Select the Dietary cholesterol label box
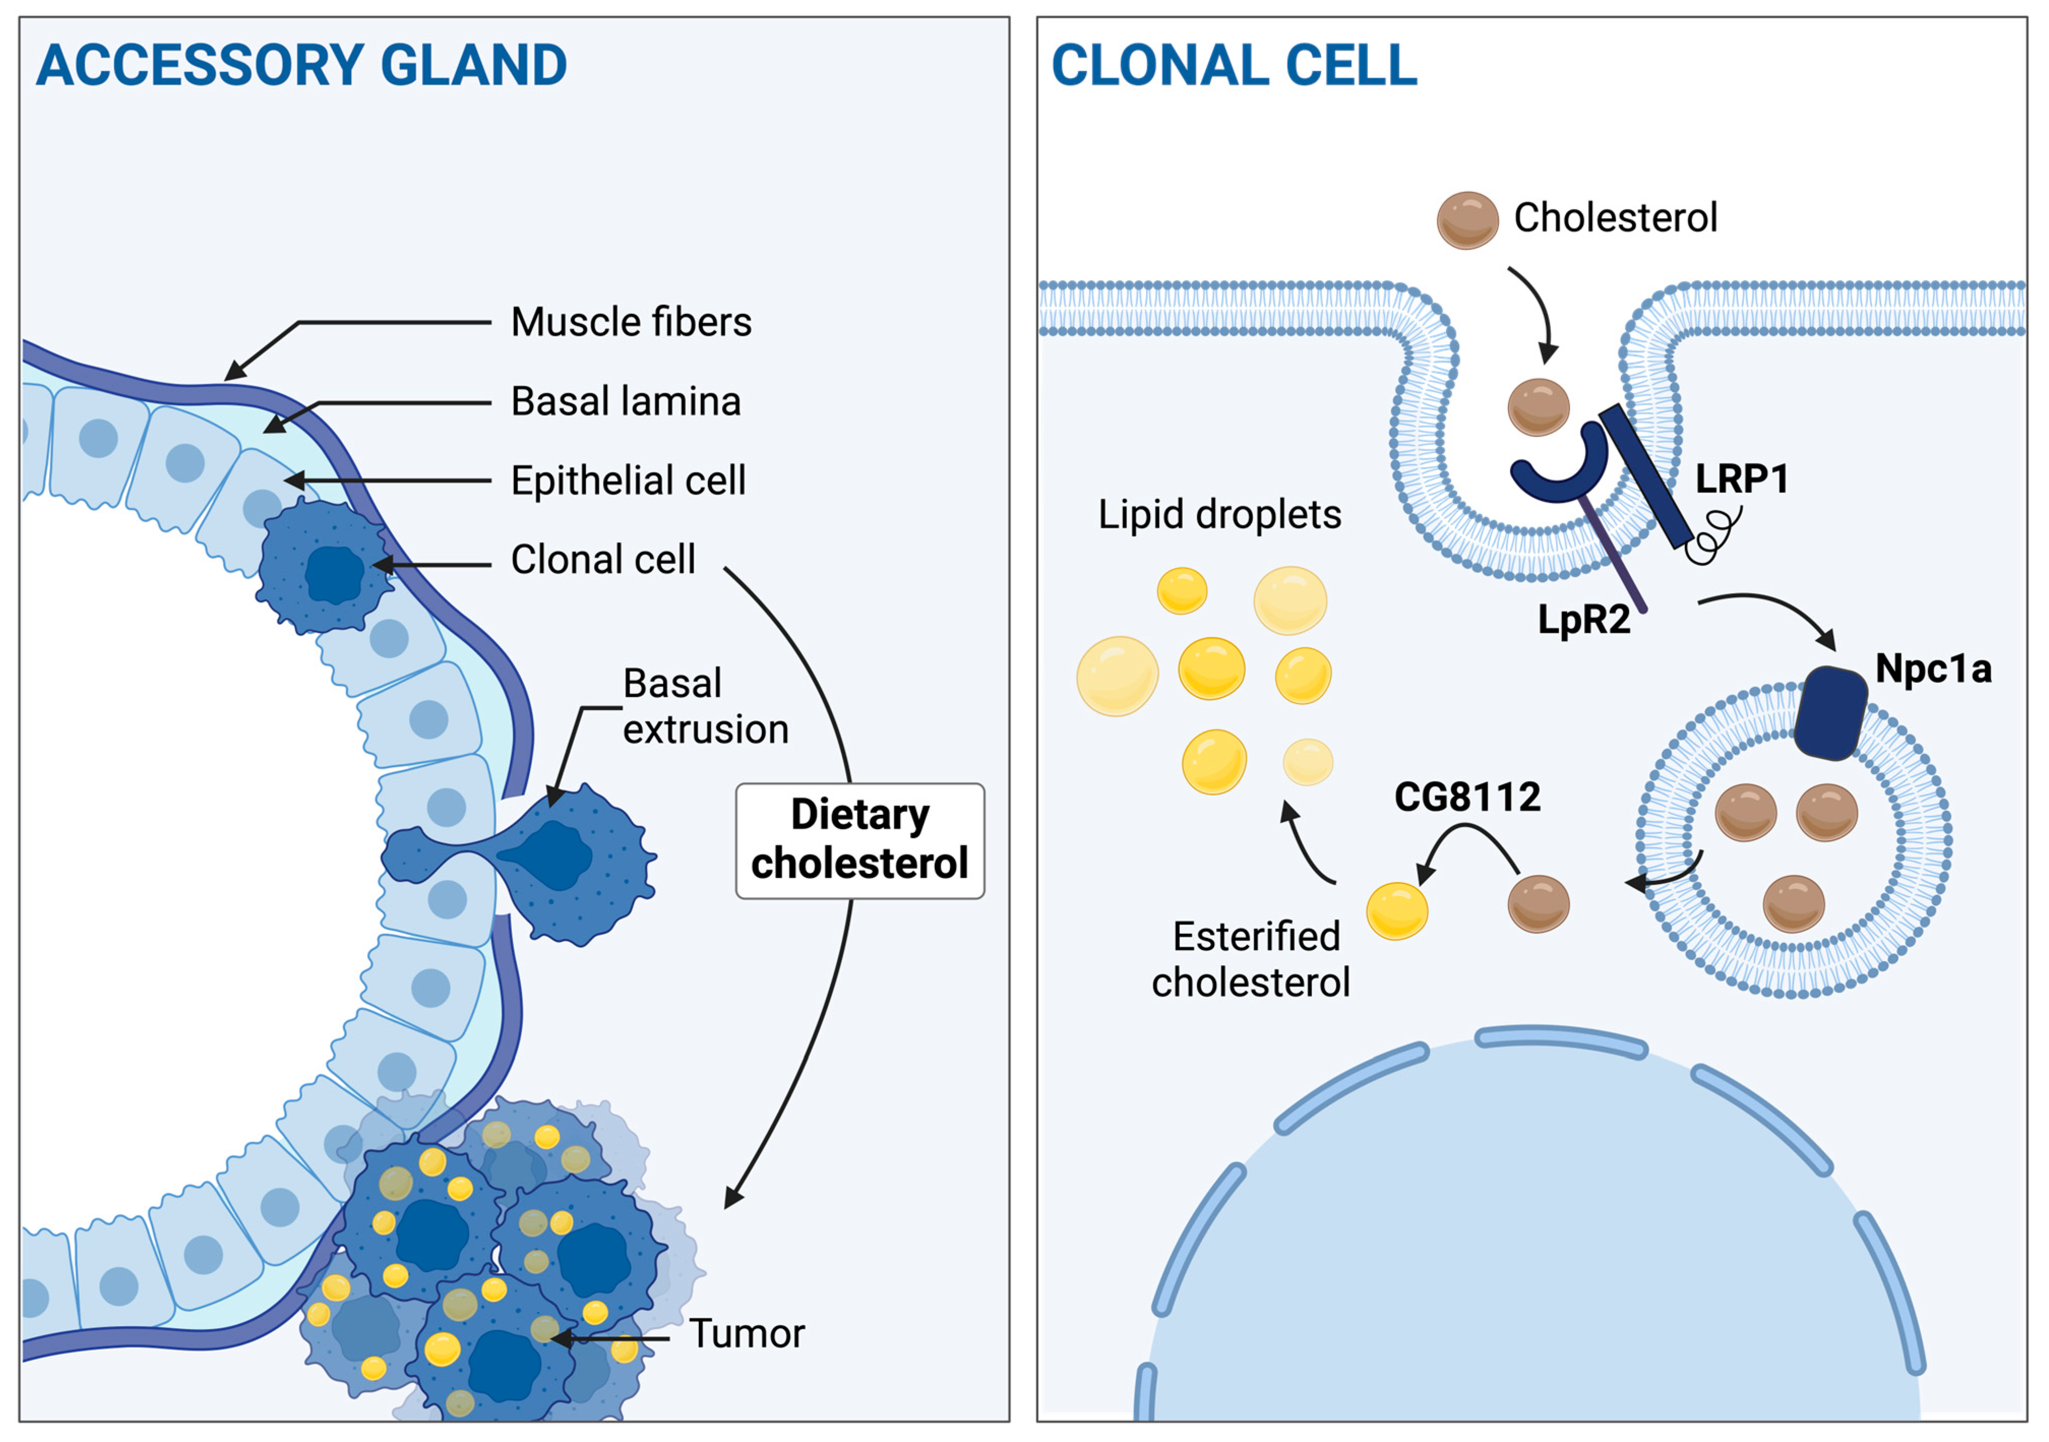[x=860, y=840]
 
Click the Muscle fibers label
[x=631, y=322]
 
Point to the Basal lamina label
[x=626, y=402]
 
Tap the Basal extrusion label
[x=705, y=707]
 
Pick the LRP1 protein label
[x=1741, y=479]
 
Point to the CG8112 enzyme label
[x=1467, y=797]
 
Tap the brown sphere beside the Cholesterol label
[x=1467, y=220]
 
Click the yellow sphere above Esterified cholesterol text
[x=1397, y=910]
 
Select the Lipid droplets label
[x=1219, y=515]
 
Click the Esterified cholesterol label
[x=1250, y=960]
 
